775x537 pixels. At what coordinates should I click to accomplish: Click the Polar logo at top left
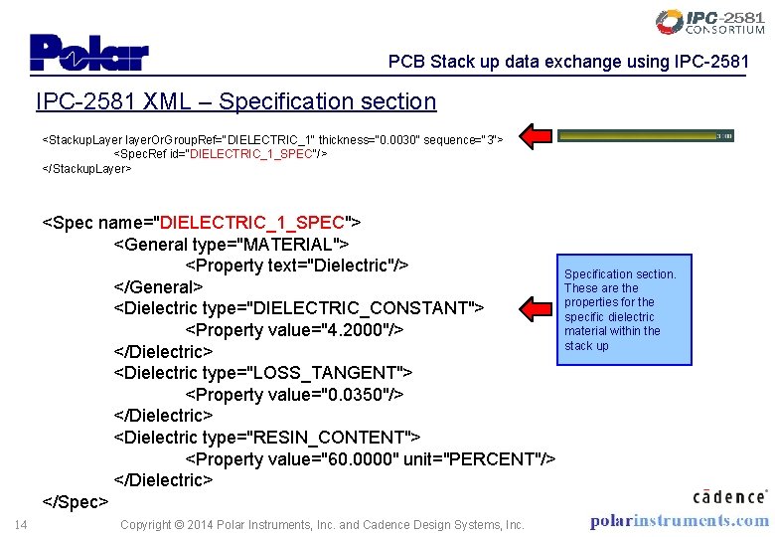(x=88, y=52)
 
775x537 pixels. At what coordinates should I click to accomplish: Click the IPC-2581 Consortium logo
(x=710, y=22)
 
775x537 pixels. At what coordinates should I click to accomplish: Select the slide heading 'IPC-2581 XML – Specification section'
(x=235, y=101)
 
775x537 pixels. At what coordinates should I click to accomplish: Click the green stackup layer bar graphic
(x=646, y=135)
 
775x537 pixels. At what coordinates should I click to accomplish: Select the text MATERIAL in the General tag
(x=294, y=244)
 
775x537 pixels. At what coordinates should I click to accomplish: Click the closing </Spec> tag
(x=75, y=502)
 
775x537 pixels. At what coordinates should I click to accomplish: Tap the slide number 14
(x=21, y=524)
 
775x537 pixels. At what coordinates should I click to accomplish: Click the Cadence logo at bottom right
(x=729, y=495)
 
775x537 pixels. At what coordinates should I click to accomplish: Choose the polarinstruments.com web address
(x=679, y=520)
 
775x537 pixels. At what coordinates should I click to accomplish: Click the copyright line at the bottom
(x=322, y=524)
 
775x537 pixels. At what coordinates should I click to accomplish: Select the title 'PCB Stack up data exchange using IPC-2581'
(x=568, y=63)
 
